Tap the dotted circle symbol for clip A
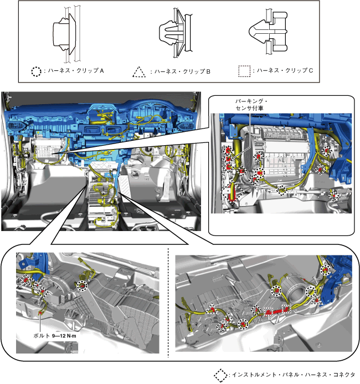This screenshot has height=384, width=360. (36, 71)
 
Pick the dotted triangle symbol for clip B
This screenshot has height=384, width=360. (140, 72)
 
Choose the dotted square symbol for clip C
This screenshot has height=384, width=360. (244, 71)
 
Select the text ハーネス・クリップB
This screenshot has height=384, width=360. (181, 72)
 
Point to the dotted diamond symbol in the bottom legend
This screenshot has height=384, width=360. (221, 375)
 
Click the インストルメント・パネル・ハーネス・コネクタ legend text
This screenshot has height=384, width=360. (293, 375)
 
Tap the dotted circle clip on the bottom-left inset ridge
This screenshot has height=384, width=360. (83, 285)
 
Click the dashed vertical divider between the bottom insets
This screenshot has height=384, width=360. (168, 302)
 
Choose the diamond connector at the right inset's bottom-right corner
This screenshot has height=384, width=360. (333, 195)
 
